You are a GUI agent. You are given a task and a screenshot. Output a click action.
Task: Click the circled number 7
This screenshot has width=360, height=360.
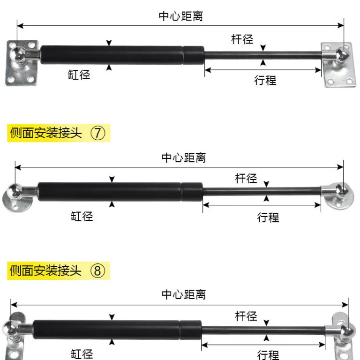click(x=98, y=133)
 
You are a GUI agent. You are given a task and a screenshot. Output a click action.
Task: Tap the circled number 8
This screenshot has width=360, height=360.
click(x=97, y=270)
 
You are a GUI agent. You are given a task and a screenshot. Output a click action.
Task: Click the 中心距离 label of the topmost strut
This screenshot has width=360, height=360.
click(x=181, y=16)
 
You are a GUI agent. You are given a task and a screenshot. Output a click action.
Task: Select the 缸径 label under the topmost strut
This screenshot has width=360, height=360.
click(x=79, y=75)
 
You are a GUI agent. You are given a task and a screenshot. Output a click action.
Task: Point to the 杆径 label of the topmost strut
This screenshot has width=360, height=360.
click(x=242, y=39)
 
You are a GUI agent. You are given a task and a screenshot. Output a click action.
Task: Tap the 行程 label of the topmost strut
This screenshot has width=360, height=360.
click(x=265, y=80)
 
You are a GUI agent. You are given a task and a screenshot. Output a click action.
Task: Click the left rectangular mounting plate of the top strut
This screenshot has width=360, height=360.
click(x=22, y=63)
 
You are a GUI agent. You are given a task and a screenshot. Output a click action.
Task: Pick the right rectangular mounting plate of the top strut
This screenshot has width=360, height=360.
click(x=338, y=65)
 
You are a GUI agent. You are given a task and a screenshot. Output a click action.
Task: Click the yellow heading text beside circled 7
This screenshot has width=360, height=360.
click(x=46, y=133)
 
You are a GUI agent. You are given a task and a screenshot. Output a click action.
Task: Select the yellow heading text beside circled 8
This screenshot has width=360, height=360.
click(x=45, y=270)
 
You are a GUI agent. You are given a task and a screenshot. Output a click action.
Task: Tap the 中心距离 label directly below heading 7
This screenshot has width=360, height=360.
click(x=184, y=158)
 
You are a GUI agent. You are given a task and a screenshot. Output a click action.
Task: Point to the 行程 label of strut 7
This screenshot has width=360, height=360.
click(x=268, y=217)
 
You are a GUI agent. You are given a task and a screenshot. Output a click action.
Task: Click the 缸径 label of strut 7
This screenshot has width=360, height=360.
click(x=82, y=217)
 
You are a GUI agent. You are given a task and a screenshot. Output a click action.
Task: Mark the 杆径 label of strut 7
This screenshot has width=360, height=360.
click(x=246, y=179)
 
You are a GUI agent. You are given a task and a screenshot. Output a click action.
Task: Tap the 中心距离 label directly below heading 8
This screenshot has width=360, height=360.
click(x=184, y=294)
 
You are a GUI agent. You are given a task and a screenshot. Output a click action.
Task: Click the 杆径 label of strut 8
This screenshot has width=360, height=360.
click(x=246, y=316)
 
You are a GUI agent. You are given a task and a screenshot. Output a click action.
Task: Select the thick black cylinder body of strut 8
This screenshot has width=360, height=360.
click(x=117, y=330)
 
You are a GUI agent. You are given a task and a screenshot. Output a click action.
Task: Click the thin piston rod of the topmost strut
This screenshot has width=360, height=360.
click(x=263, y=55)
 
